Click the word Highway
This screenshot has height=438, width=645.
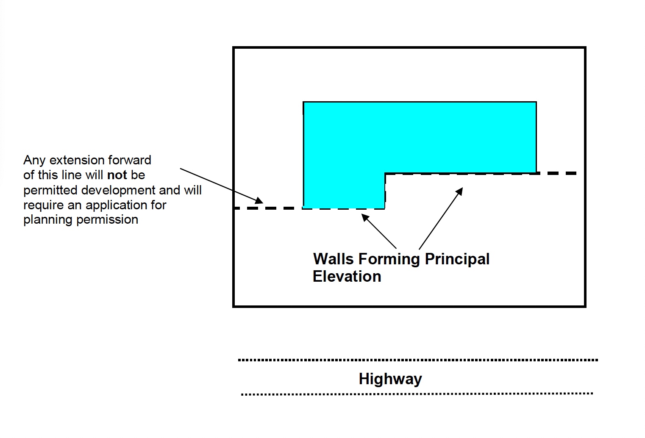coord(390,379)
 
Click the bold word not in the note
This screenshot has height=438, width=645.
coord(117,175)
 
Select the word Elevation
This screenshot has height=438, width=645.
coord(347,276)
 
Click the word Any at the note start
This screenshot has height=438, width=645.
coord(34,160)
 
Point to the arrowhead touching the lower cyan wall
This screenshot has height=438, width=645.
coord(364,217)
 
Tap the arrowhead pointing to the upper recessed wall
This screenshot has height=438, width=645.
coord(459,191)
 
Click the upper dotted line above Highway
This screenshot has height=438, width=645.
coord(417,360)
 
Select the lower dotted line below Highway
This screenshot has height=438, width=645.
coord(417,394)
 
